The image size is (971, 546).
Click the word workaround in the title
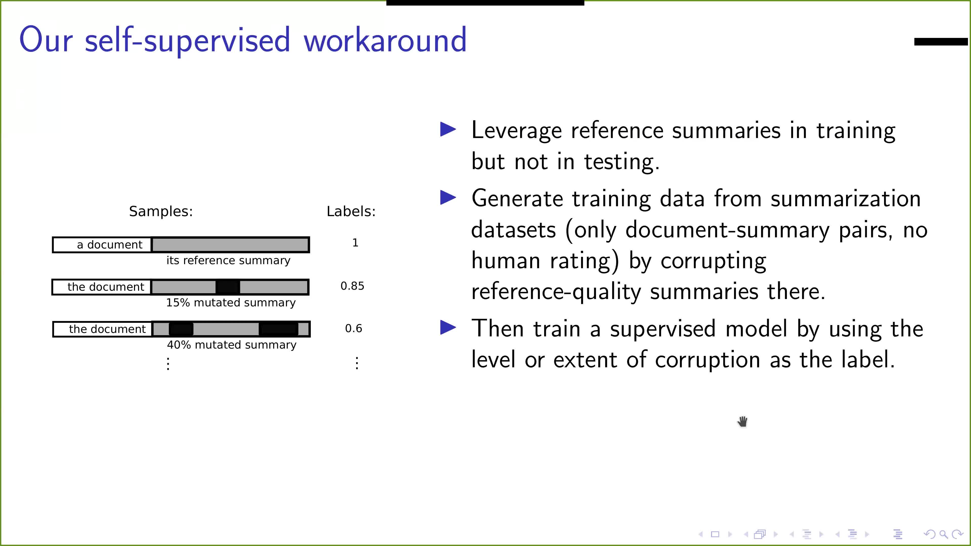[x=385, y=40]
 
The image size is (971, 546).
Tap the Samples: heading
[x=161, y=211]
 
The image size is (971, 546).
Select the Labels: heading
[x=351, y=211]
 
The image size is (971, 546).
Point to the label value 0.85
[x=352, y=286]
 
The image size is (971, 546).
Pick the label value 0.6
[x=354, y=329]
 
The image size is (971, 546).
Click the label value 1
[x=355, y=243]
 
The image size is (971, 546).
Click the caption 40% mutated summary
[x=232, y=345]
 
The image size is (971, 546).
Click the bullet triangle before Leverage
[x=448, y=130]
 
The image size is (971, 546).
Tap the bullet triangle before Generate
[x=448, y=198]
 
